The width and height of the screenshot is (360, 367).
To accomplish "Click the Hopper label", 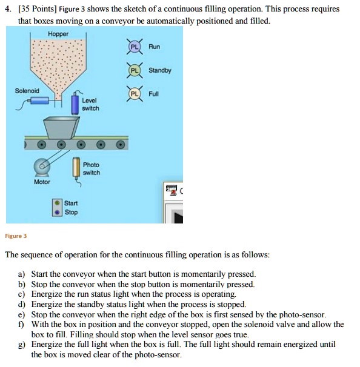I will (x=58, y=33).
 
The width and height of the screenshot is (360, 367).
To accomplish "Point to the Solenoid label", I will (x=27, y=91).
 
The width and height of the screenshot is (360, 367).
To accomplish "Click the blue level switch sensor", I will (x=75, y=105).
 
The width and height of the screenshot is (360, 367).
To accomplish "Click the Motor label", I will (x=42, y=182).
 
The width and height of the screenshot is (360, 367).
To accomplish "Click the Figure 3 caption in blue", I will (x=16, y=236).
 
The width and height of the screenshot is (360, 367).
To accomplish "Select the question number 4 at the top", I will (x=8, y=10).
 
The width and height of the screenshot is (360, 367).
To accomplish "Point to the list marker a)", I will (x=22, y=274).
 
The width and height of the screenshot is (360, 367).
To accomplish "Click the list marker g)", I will (x=22, y=345).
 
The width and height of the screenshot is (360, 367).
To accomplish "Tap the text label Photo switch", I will (x=92, y=169).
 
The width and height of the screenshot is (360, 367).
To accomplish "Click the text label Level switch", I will (x=91, y=104).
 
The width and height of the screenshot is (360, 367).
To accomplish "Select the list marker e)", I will (x=22, y=314).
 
